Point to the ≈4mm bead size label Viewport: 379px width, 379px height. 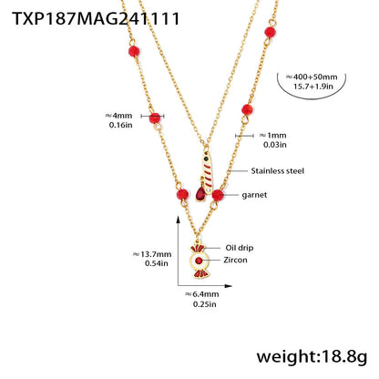click(118, 116)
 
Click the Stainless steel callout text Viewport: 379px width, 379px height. click(278, 170)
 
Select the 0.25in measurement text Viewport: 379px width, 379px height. click(202, 306)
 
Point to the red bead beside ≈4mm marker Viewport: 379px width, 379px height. click(155, 118)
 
